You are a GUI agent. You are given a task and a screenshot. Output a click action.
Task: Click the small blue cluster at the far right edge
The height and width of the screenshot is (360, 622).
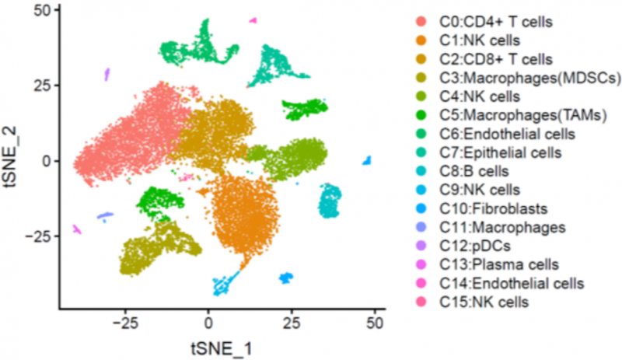(367, 161)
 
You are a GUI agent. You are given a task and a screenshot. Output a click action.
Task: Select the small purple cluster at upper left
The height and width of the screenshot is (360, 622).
(107, 75)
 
